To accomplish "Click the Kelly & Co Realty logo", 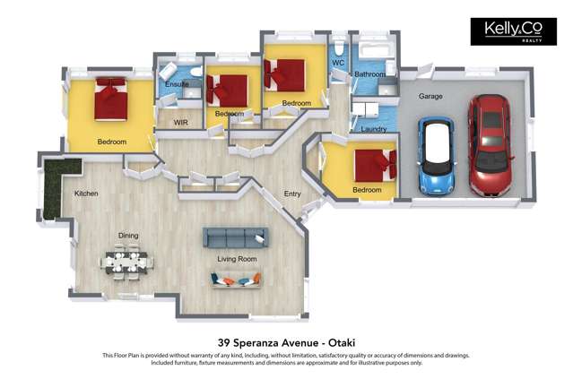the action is pyautogui.click(x=514, y=31).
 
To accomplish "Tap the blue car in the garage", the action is pyautogui.click(x=437, y=156).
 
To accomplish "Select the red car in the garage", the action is pyautogui.click(x=490, y=144).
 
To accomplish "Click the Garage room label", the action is pyautogui.click(x=430, y=96).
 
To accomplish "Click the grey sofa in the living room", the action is pyautogui.click(x=236, y=237).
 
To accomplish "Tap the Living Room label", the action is pyautogui.click(x=237, y=259).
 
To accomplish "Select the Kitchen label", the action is pyautogui.click(x=86, y=194).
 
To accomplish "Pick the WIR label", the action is pyautogui.click(x=180, y=123).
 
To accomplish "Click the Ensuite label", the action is pyautogui.click(x=177, y=84).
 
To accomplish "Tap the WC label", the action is pyautogui.click(x=338, y=63).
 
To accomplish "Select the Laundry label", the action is pyautogui.click(x=373, y=129).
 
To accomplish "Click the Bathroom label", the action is pyautogui.click(x=369, y=74).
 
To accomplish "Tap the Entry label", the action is pyautogui.click(x=292, y=194).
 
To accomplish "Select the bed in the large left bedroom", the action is pyautogui.click(x=110, y=99).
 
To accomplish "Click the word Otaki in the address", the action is pyautogui.click(x=342, y=343).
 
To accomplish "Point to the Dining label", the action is pyautogui.click(x=128, y=236).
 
